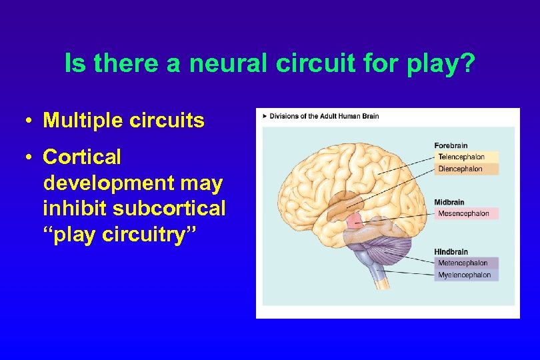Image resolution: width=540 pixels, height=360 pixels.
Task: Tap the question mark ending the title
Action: pyautogui.click(x=469, y=64)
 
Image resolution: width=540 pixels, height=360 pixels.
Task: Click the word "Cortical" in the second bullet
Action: pyautogui.click(x=82, y=157)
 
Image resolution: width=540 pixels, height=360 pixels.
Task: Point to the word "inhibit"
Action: pyautogui.click(x=75, y=208)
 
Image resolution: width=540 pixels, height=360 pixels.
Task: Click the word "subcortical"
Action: pyautogui.click(x=169, y=208)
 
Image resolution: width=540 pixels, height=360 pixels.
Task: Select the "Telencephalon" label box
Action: pyautogui.click(x=466, y=157)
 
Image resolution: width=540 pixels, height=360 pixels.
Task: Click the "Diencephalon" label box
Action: pyautogui.click(x=466, y=169)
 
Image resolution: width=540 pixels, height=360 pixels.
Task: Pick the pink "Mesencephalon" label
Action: pyautogui.click(x=466, y=214)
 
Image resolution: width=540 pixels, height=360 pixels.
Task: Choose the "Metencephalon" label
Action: pyautogui.click(x=466, y=263)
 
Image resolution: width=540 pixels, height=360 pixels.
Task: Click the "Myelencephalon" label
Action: pyautogui.click(x=466, y=275)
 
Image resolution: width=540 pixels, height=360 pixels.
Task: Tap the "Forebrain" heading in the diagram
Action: pyautogui.click(x=451, y=145)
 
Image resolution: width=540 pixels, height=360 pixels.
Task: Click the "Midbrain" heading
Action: pyautogui.click(x=449, y=202)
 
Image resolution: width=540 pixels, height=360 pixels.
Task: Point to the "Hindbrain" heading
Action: pyautogui.click(x=451, y=252)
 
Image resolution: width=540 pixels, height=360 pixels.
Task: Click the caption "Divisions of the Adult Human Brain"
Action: pyautogui.click(x=324, y=116)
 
